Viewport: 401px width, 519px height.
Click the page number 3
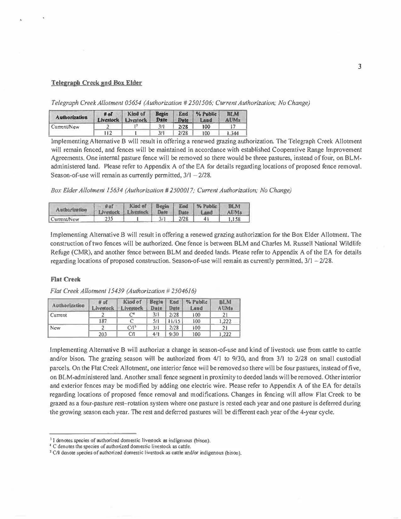pyautogui.click(x=359, y=66)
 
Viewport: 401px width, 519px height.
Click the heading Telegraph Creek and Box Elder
pyautogui.click(x=97, y=83)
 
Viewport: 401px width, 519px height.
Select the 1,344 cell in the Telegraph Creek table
pyautogui.click(x=233, y=133)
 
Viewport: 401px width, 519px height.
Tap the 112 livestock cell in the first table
pyautogui.click(x=108, y=133)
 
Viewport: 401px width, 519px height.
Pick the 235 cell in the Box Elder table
pyautogui.click(x=109, y=219)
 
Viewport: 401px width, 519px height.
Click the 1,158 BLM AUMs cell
pyautogui.click(x=234, y=219)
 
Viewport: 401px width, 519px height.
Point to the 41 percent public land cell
pyautogui.click(x=206, y=219)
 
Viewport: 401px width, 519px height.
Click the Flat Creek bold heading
pyautogui.click(x=65, y=279)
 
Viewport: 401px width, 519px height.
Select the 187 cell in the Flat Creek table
pyautogui.click(x=103, y=321)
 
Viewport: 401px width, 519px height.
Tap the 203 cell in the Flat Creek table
pyautogui.click(x=103, y=334)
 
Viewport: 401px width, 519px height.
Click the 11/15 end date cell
pyautogui.click(x=174, y=321)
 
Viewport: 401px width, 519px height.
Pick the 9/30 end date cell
pyautogui.click(x=174, y=334)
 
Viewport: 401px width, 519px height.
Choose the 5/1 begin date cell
pyautogui.click(x=156, y=321)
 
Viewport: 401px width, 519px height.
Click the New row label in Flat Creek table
pyautogui.click(x=55, y=328)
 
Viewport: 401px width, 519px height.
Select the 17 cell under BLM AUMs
pyautogui.click(x=233, y=127)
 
